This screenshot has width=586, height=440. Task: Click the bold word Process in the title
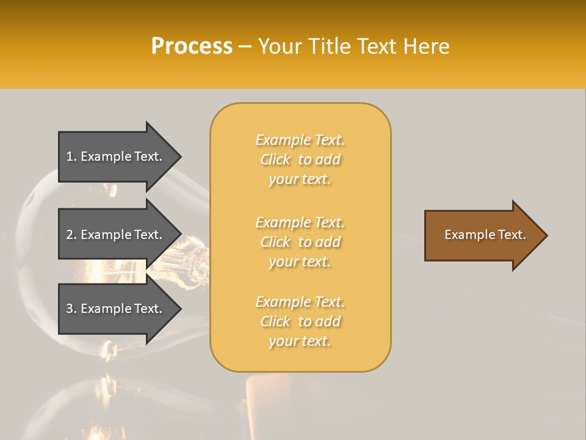pos(192,46)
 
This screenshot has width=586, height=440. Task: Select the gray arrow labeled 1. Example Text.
pos(116,156)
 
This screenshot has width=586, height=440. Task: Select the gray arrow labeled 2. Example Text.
pos(116,235)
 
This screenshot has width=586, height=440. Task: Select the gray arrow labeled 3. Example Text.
pos(116,309)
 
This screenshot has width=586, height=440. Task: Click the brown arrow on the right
pos(482,235)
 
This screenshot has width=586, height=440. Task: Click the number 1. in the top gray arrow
pos(71,156)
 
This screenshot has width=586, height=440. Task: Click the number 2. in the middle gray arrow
pos(71,235)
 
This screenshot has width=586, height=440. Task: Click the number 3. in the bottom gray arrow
pos(71,309)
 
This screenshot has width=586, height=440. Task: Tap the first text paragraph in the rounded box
pos(300,159)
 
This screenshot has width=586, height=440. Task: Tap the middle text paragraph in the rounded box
pos(300,242)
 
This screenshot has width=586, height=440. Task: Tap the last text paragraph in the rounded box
pos(300,321)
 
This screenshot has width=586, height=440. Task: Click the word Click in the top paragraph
pos(275,159)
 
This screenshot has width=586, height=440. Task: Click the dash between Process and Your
pos(245,46)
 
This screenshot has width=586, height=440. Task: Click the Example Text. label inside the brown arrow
pos(485,235)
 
